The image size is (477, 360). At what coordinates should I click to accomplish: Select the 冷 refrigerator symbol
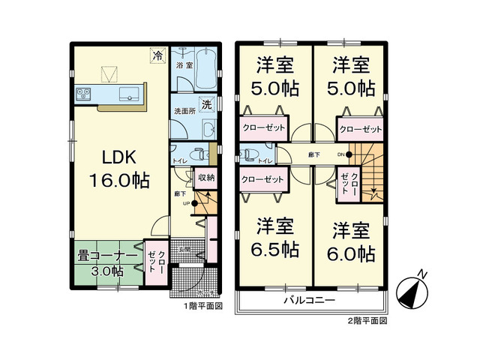pyautogui.click(x=157, y=55)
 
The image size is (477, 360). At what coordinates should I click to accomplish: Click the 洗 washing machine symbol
pyautogui.click(x=205, y=105)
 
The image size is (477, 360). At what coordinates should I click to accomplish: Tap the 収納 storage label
pyautogui.click(x=205, y=178)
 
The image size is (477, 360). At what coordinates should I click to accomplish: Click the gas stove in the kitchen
pyautogui.click(x=83, y=94)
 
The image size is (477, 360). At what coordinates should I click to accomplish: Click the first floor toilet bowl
pyautogui.click(x=196, y=156)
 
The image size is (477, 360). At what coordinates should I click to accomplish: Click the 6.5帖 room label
pyautogui.click(x=275, y=238)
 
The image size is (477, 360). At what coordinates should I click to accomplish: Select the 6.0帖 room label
pyautogui.click(x=350, y=241)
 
